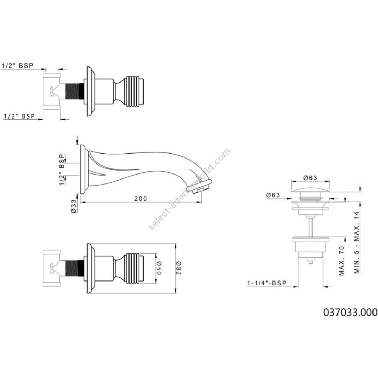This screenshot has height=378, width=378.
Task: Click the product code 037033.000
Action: [x=350, y=312]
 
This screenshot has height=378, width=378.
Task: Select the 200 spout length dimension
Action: [x=141, y=198]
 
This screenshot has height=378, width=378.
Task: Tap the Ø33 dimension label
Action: [x=74, y=206]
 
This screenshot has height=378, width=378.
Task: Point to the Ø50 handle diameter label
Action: [x=159, y=268]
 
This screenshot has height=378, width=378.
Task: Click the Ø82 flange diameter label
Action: [x=179, y=268]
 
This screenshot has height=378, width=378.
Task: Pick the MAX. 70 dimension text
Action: [x=342, y=260]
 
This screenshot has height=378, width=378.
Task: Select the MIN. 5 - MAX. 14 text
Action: [x=357, y=242]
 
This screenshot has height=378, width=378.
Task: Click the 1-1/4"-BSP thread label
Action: [x=267, y=283]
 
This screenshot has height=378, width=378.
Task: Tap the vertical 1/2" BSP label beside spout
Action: [x=62, y=170]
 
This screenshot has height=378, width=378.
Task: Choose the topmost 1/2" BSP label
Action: [x=17, y=66]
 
